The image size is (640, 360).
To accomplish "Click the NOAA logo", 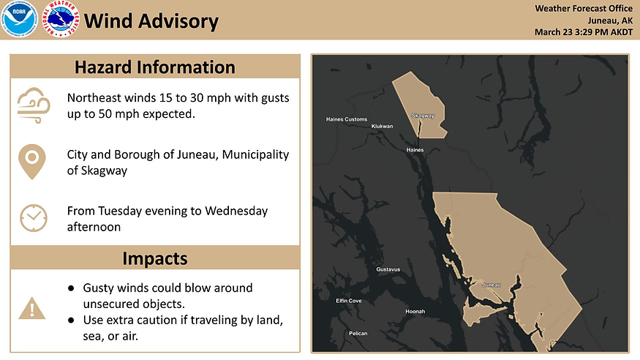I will pyautogui.click(x=19, y=20).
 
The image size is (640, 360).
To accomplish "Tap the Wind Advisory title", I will pyautogui.click(x=151, y=20).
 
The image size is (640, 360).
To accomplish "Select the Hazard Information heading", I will pyautogui.click(x=155, y=67).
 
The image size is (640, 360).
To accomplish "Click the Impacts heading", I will pyautogui.click(x=155, y=258).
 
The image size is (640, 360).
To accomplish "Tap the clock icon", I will pyautogui.click(x=33, y=218).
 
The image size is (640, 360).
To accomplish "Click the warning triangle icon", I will pyautogui.click(x=32, y=308).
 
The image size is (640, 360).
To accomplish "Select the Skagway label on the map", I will pyautogui.click(x=423, y=116).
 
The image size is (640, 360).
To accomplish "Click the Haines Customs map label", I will pyautogui.click(x=346, y=119).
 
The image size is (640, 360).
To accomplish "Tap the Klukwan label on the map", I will pyautogui.click(x=382, y=126).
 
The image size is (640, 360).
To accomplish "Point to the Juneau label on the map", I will pyautogui.click(x=492, y=284).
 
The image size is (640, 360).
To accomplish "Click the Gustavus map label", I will pyautogui.click(x=388, y=269).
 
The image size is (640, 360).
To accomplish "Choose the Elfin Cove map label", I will pyautogui.click(x=348, y=301).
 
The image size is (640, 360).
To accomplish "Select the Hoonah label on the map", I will pyautogui.click(x=415, y=312).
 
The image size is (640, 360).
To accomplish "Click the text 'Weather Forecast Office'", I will pyautogui.click(x=583, y=9).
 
